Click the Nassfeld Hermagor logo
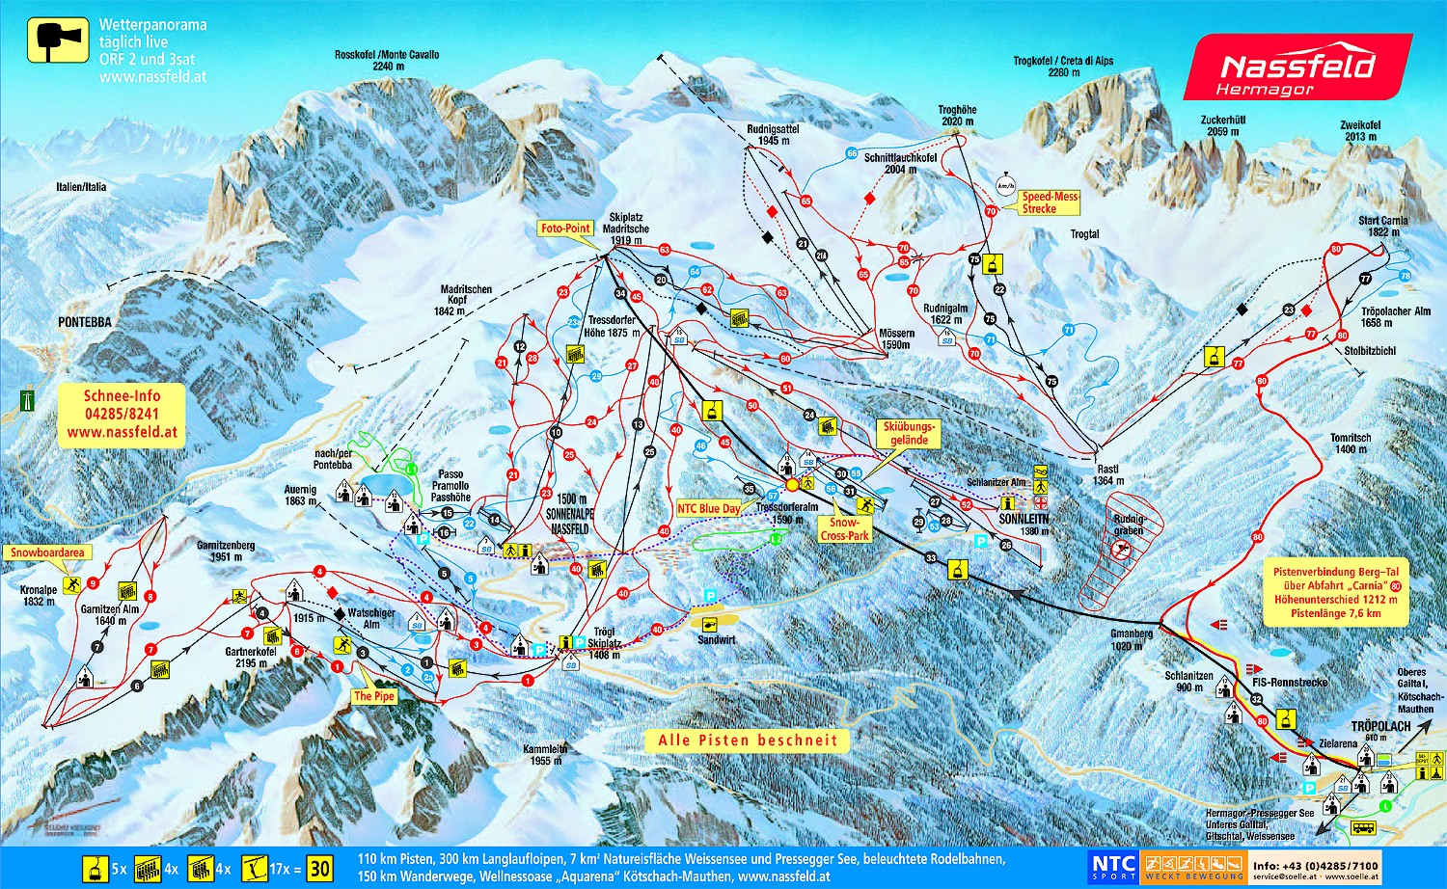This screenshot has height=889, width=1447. point(1297,67)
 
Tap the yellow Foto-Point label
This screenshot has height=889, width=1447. point(565,229)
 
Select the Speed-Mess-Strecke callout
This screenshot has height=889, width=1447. point(1050,202)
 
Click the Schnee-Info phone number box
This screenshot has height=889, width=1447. point(122,414)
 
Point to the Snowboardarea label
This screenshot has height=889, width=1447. point(47,552)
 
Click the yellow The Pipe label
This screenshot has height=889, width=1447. point(374,696)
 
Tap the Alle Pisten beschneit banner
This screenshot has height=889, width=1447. point(748,741)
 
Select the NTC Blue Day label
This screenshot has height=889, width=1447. point(709,508)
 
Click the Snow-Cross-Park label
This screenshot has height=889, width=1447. point(844,529)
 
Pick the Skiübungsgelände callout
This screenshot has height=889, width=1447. point(909,433)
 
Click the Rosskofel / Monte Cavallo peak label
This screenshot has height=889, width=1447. point(387,60)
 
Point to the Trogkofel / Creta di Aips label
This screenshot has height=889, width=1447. point(1063,66)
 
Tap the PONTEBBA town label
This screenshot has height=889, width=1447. point(84,322)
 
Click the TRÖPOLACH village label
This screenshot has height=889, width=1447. point(1380,726)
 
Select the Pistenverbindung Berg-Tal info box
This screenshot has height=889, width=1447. point(1335,592)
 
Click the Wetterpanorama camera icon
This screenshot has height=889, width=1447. point(57,41)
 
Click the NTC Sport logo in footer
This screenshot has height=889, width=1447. point(1113,867)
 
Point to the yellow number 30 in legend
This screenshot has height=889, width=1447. point(319,869)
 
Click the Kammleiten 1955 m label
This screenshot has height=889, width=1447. point(545,754)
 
